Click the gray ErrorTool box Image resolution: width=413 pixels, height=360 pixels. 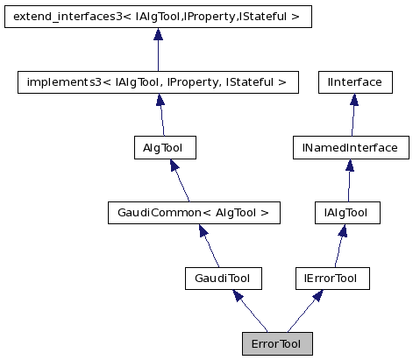276,343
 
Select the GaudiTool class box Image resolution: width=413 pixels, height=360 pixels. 217,278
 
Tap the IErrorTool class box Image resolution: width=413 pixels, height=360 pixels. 331,278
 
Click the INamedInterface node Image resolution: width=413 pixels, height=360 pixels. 350,147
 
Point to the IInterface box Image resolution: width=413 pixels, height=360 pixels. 353,82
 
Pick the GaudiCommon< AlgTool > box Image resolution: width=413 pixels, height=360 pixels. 193,212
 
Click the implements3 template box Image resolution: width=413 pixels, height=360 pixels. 158,82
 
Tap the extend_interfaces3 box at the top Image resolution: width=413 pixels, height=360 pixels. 158,17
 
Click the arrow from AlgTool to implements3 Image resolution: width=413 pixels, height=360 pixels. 160,115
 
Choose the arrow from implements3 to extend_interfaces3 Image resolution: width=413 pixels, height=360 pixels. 158,50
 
